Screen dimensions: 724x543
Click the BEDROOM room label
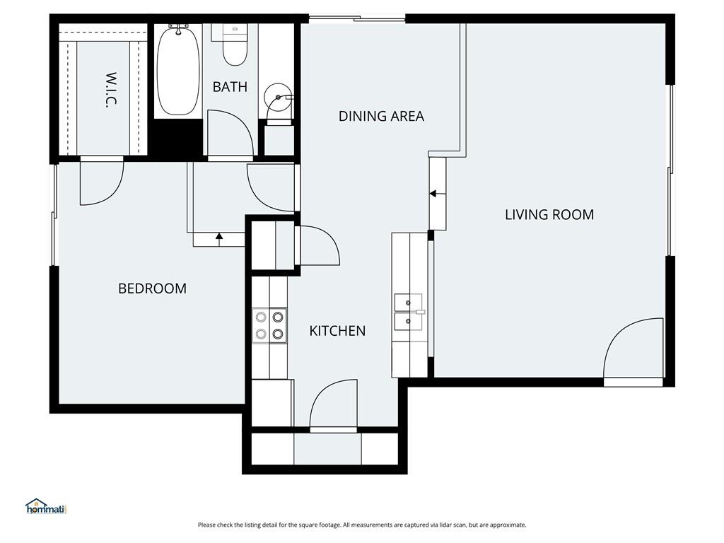point(153,288)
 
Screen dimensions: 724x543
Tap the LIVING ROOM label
point(549,215)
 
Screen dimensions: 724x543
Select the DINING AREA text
point(381,116)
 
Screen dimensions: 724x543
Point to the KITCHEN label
point(337,331)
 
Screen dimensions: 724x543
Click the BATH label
point(230,87)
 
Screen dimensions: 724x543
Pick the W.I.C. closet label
point(111,90)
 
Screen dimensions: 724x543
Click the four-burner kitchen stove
point(269,325)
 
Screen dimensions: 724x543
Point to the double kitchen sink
point(409,312)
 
